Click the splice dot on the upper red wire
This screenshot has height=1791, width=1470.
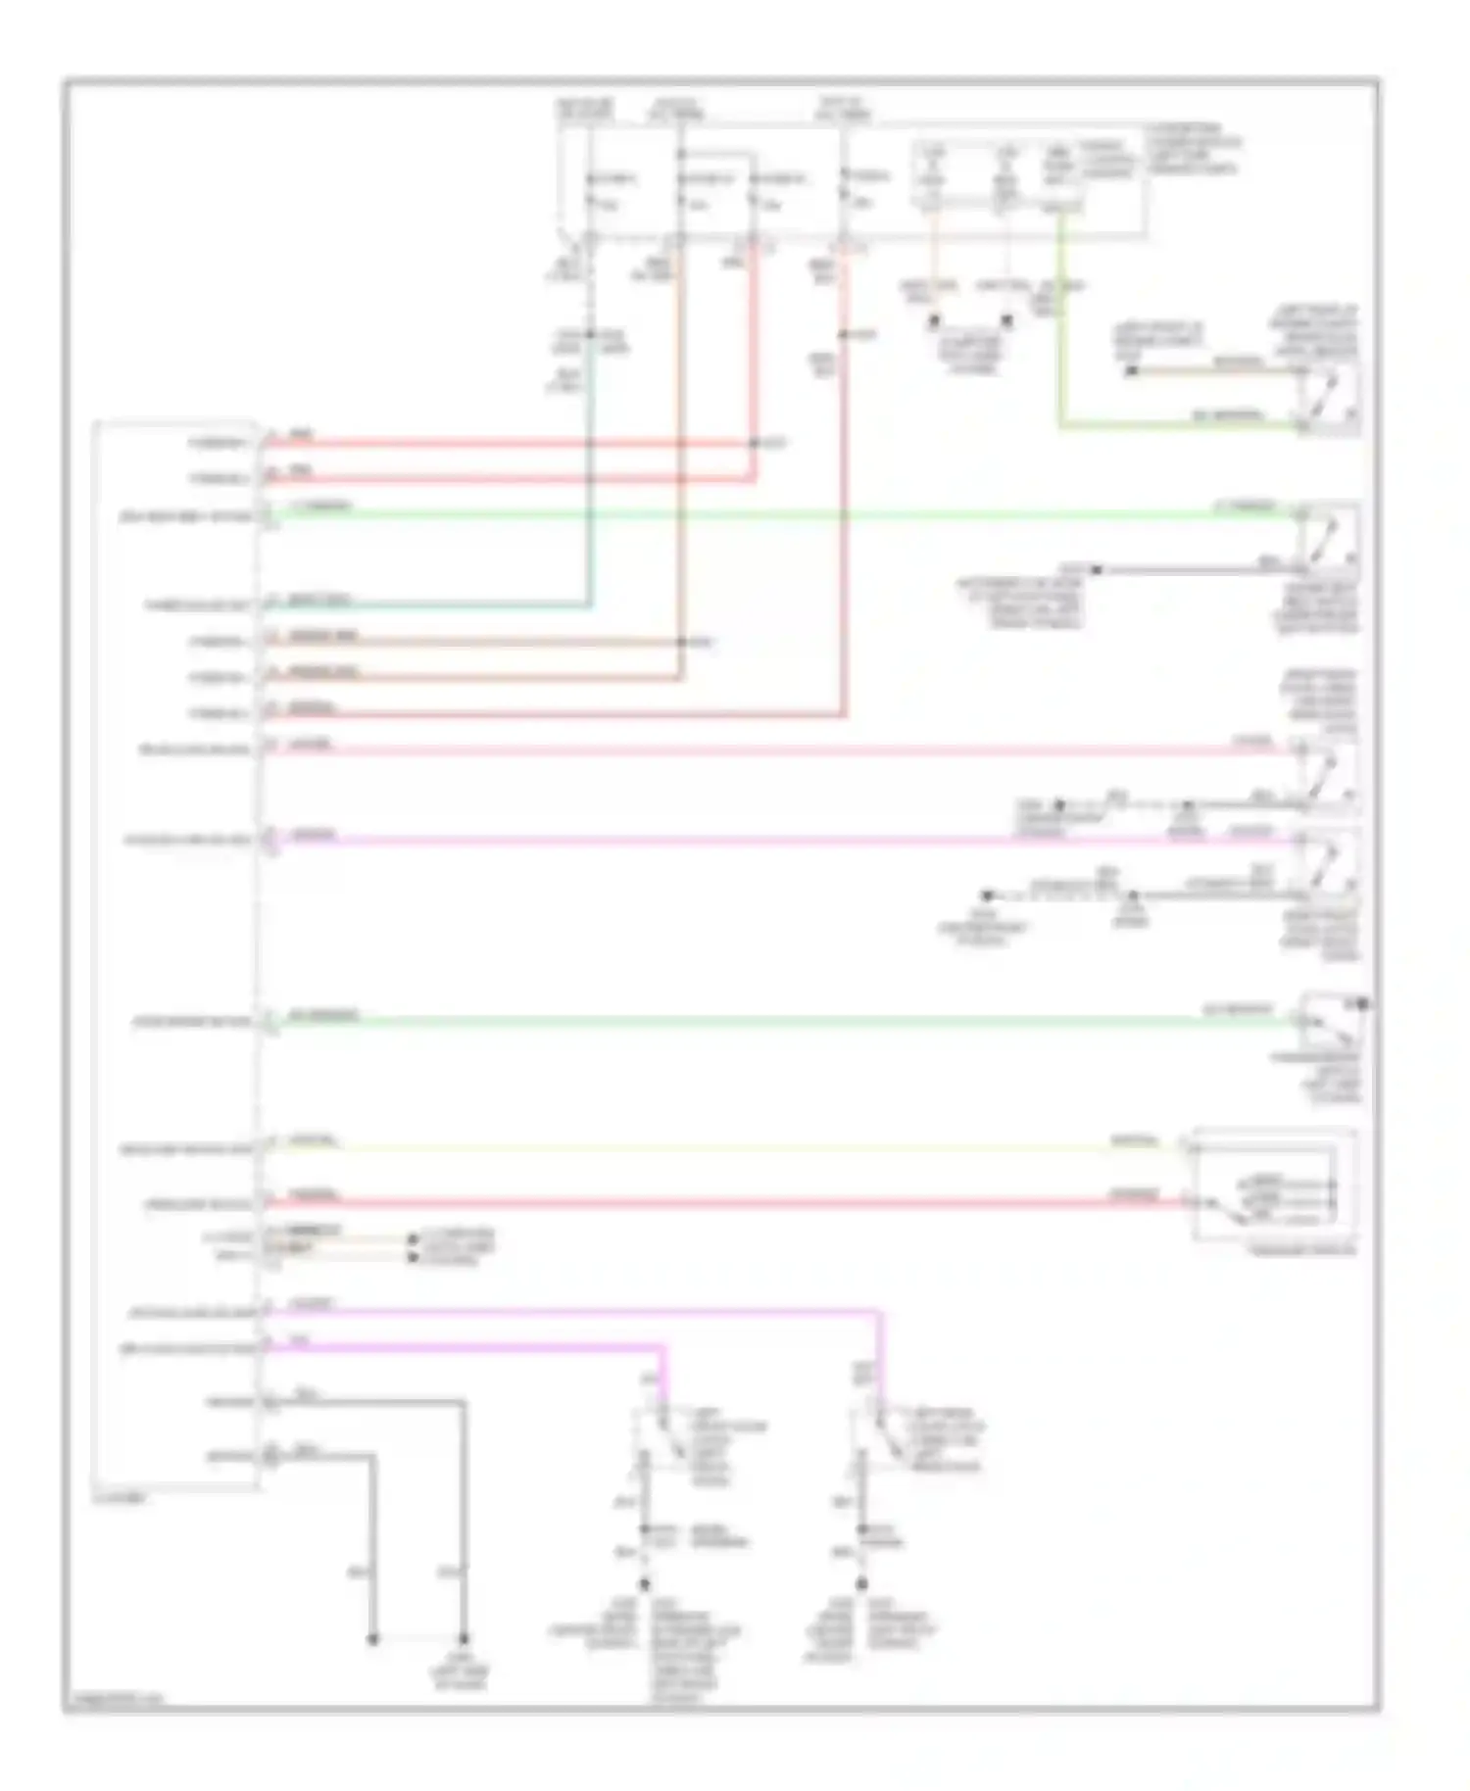pos(754,444)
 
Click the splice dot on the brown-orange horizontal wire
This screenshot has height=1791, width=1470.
pos(682,643)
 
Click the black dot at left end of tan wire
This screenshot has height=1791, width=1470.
pos(1131,371)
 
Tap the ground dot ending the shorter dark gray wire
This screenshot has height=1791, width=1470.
pos(372,1639)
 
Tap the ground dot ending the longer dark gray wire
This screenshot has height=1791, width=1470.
pos(464,1639)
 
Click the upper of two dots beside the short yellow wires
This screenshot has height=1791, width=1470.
pos(413,1239)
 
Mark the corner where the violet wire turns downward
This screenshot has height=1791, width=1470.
pos(879,1311)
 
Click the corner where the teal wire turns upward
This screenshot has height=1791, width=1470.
pos(589,605)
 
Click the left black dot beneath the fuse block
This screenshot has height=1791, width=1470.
pos(934,320)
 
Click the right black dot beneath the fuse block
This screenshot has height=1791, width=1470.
pos(1005,320)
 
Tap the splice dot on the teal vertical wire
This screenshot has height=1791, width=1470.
pos(589,335)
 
